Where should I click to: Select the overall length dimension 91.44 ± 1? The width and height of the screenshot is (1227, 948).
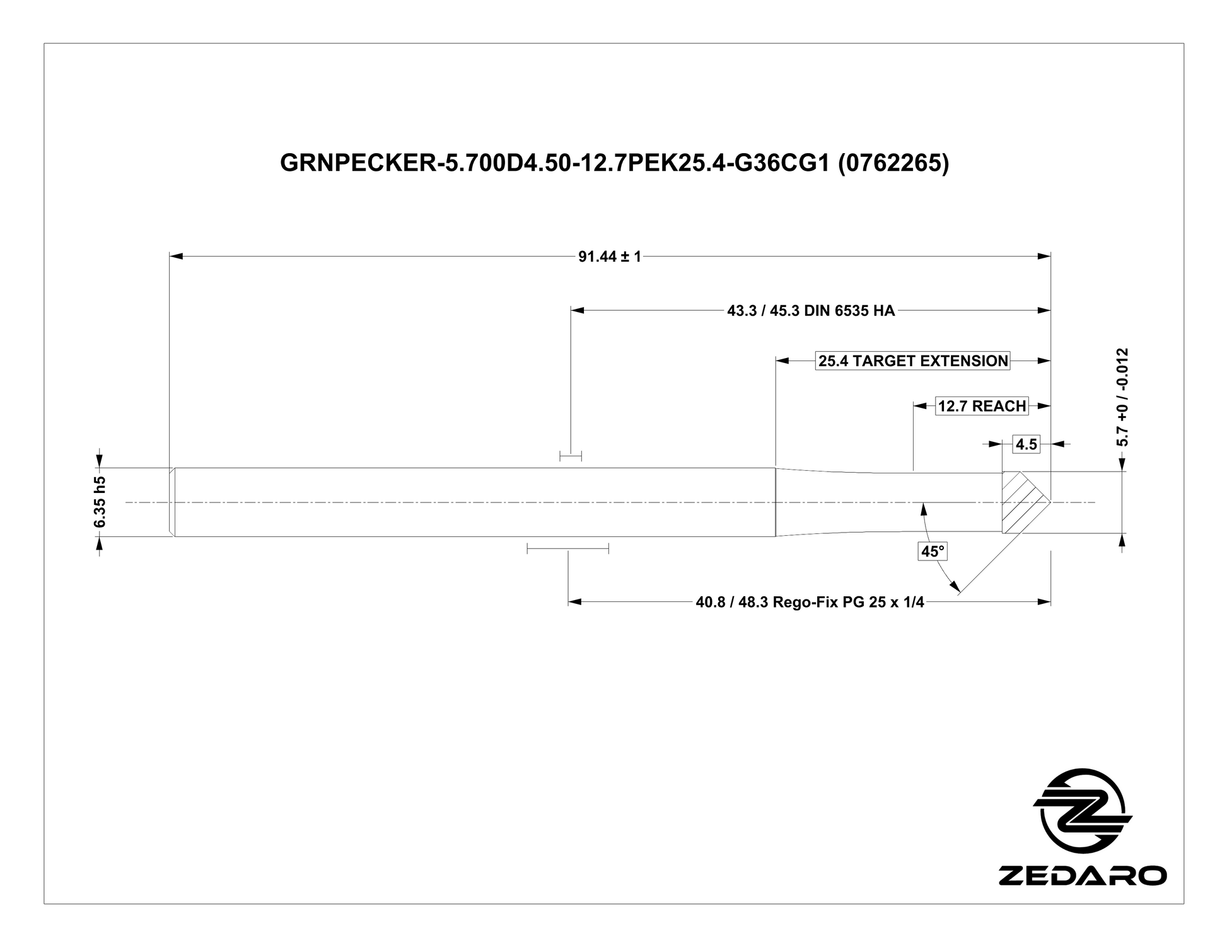(x=610, y=257)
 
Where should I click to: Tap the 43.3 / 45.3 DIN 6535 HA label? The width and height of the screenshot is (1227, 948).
(x=811, y=311)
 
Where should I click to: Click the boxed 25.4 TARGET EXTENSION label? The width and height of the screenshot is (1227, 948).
(x=913, y=361)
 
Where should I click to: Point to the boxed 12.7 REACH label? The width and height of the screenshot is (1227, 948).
(x=982, y=406)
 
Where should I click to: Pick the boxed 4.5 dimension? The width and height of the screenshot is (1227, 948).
(x=1026, y=444)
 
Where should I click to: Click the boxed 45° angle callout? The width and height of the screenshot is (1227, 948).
(x=933, y=552)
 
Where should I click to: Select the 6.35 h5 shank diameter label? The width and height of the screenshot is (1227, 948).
(x=100, y=502)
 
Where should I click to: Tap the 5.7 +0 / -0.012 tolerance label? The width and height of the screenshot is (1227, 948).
(x=1122, y=397)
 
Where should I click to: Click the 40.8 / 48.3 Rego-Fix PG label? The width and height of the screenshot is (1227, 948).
(x=810, y=603)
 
